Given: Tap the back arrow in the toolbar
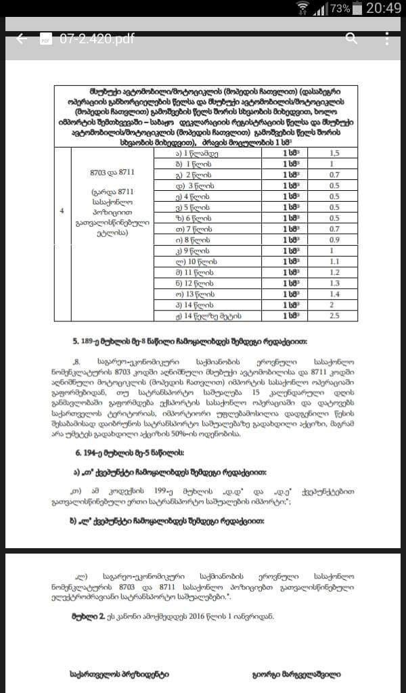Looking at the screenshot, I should (22, 39).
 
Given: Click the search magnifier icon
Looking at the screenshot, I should (351, 38).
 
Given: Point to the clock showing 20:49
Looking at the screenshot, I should (384, 9).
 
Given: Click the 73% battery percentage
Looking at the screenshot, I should (340, 9).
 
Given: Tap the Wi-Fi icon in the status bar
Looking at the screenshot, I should (302, 9).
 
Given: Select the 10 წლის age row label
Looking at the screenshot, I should (202, 261).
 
